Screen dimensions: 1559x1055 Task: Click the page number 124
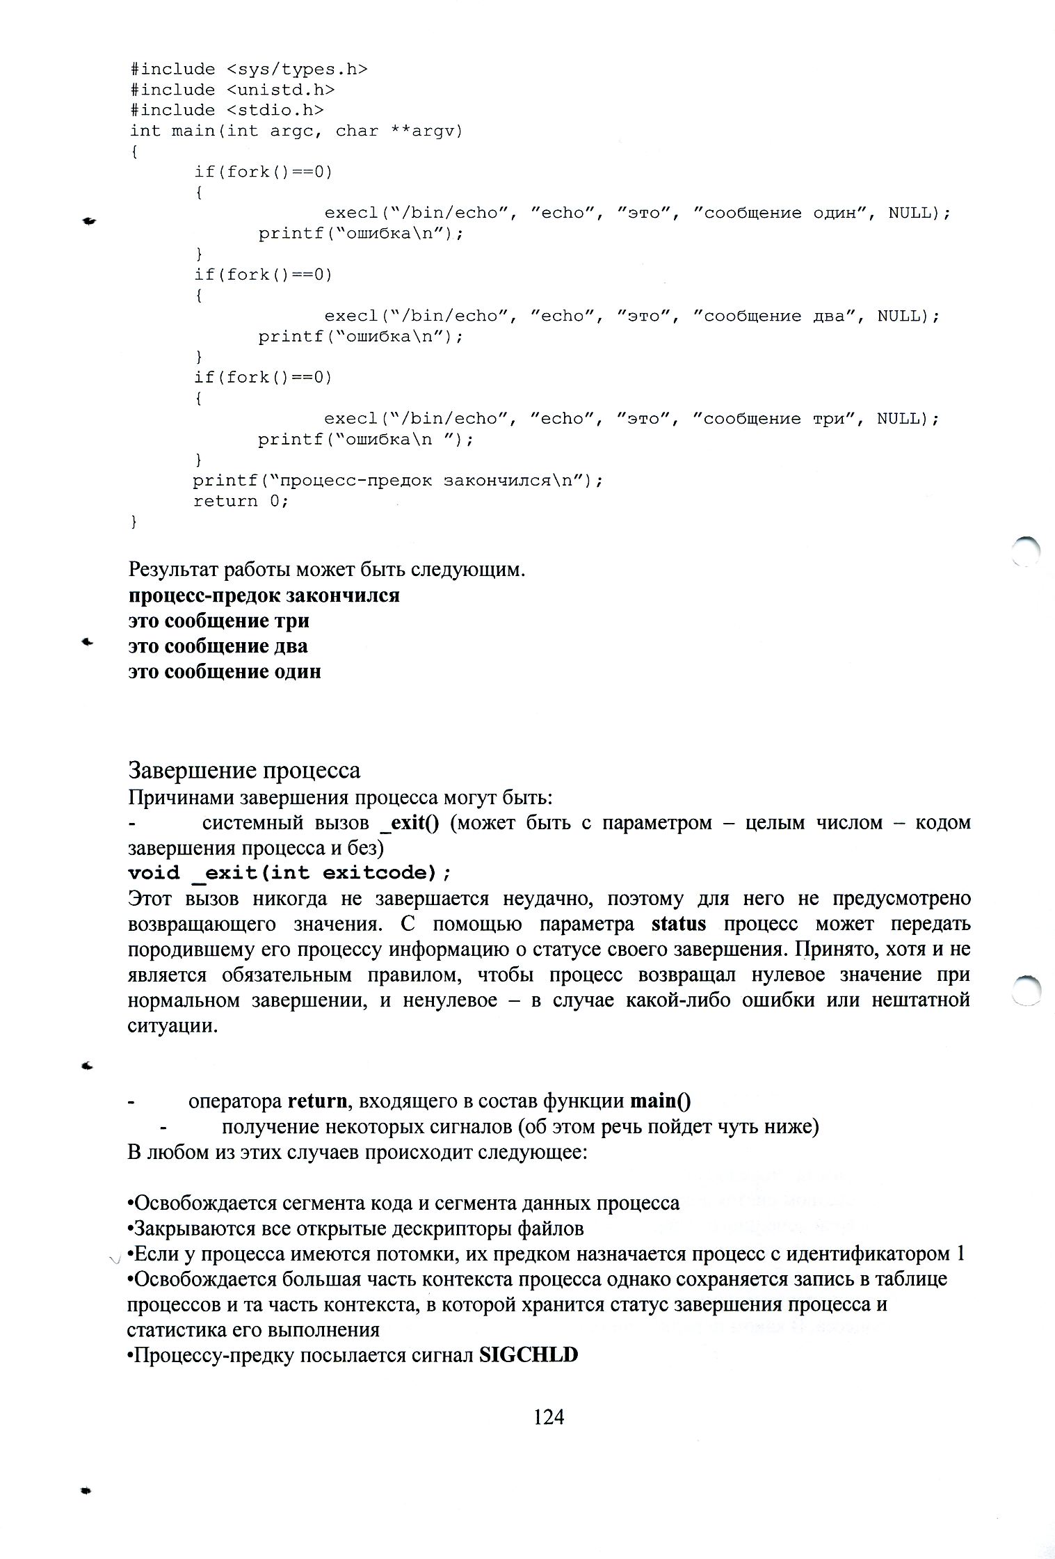(x=548, y=1416)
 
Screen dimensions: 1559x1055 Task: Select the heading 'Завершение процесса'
(x=245, y=770)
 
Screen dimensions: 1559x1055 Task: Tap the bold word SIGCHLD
(x=529, y=1355)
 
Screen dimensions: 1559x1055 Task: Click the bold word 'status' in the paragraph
(x=679, y=924)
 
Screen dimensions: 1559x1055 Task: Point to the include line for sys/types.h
(x=248, y=69)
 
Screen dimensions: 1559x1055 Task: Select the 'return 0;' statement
(x=241, y=501)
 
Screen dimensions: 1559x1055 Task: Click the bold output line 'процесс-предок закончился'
(x=264, y=595)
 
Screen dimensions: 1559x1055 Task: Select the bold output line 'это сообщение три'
(x=218, y=621)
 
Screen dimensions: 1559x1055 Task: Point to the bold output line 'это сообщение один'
(x=225, y=671)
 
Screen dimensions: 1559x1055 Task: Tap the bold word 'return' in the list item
(x=317, y=1101)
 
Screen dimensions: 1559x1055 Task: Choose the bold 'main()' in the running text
(x=661, y=1101)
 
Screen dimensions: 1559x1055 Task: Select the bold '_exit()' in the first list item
(x=410, y=823)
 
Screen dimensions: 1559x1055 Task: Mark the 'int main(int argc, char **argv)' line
(x=296, y=131)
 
